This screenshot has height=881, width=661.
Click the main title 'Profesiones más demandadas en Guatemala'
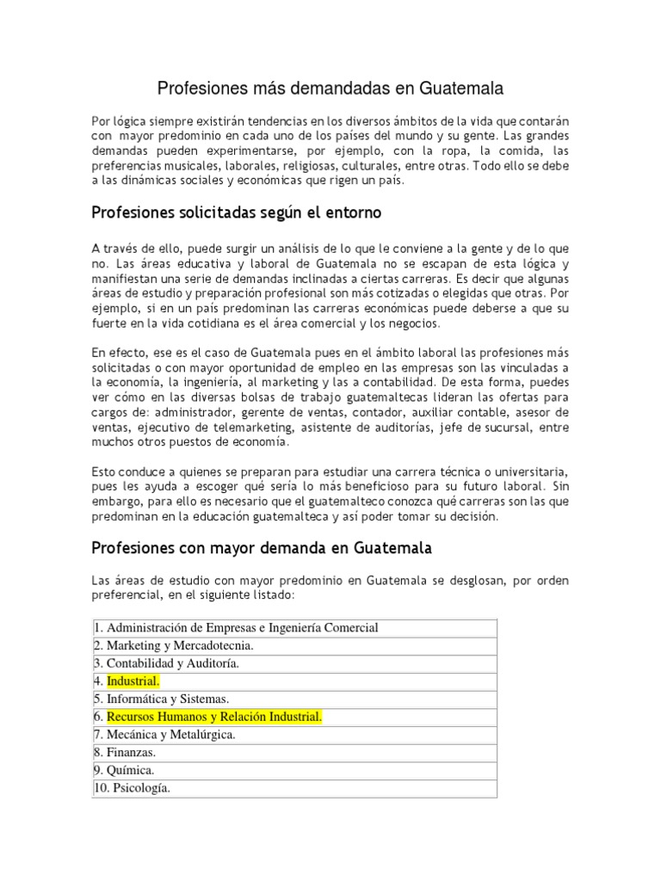pyautogui.click(x=330, y=89)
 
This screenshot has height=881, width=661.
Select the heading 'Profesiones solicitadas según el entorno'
pyautogui.click(x=236, y=212)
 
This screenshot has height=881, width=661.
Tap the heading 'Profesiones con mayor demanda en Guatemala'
pyautogui.click(x=262, y=547)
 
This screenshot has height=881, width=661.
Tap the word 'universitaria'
pyautogui.click(x=527, y=473)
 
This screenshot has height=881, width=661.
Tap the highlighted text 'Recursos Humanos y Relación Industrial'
pyautogui.click(x=214, y=717)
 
